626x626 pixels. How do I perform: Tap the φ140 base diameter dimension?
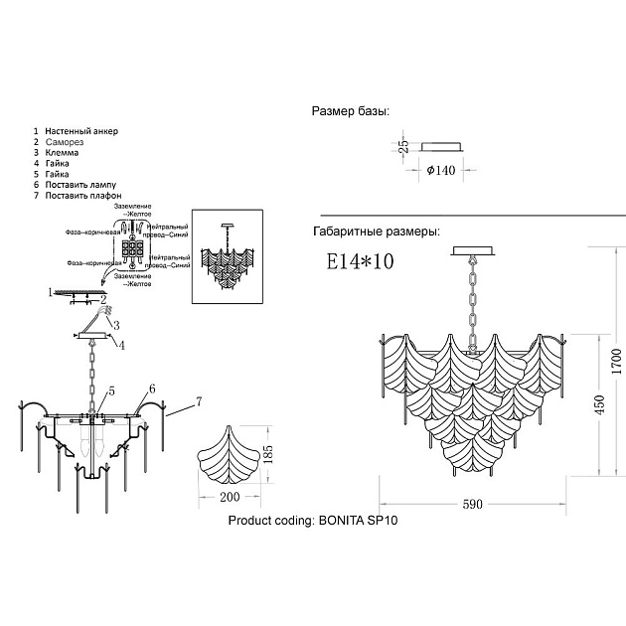439,170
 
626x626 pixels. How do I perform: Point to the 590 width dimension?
473,504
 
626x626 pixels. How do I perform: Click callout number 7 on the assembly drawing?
198,400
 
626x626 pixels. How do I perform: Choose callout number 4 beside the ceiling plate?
121,345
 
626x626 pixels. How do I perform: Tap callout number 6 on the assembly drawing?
152,388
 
